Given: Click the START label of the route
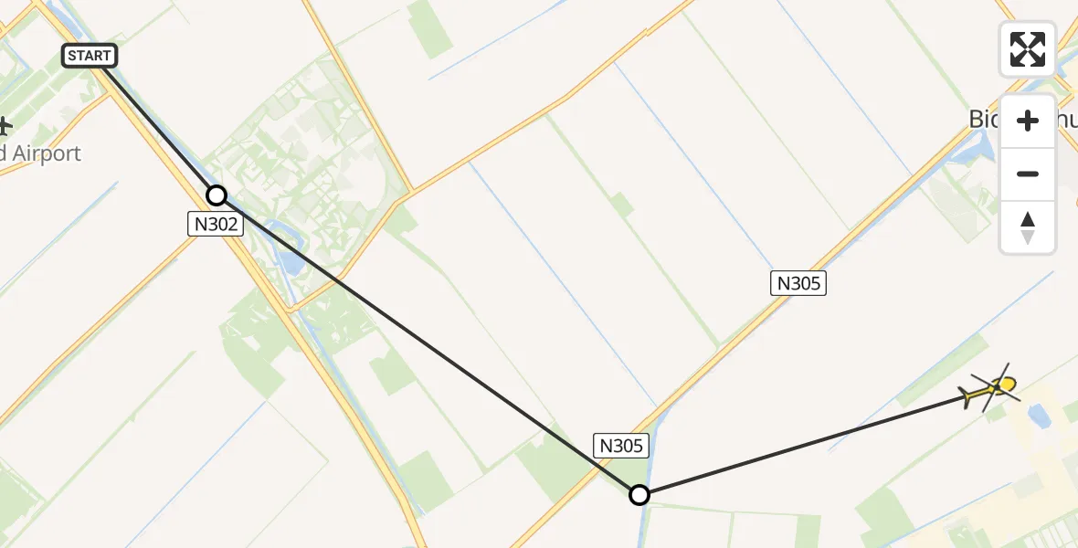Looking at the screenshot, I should (x=90, y=56).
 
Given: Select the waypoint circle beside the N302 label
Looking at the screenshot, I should (x=217, y=195).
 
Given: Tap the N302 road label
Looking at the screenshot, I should (x=216, y=224).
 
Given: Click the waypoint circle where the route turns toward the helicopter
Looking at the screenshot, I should (x=639, y=495).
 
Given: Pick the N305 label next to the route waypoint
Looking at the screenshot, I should (x=622, y=446).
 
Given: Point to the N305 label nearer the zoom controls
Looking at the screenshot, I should (x=798, y=283).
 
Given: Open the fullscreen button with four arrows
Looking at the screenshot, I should (x=1028, y=49).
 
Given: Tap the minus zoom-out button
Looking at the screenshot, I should (x=1028, y=174).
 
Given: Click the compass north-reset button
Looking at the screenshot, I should (x=1028, y=227).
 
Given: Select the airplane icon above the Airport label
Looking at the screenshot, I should (x=5, y=125).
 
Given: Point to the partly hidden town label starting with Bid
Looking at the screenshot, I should (x=985, y=119).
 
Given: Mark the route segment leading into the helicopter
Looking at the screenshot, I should (x=804, y=446).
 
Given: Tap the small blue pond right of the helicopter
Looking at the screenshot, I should (x=1038, y=416).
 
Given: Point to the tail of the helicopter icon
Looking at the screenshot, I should (x=967, y=395).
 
